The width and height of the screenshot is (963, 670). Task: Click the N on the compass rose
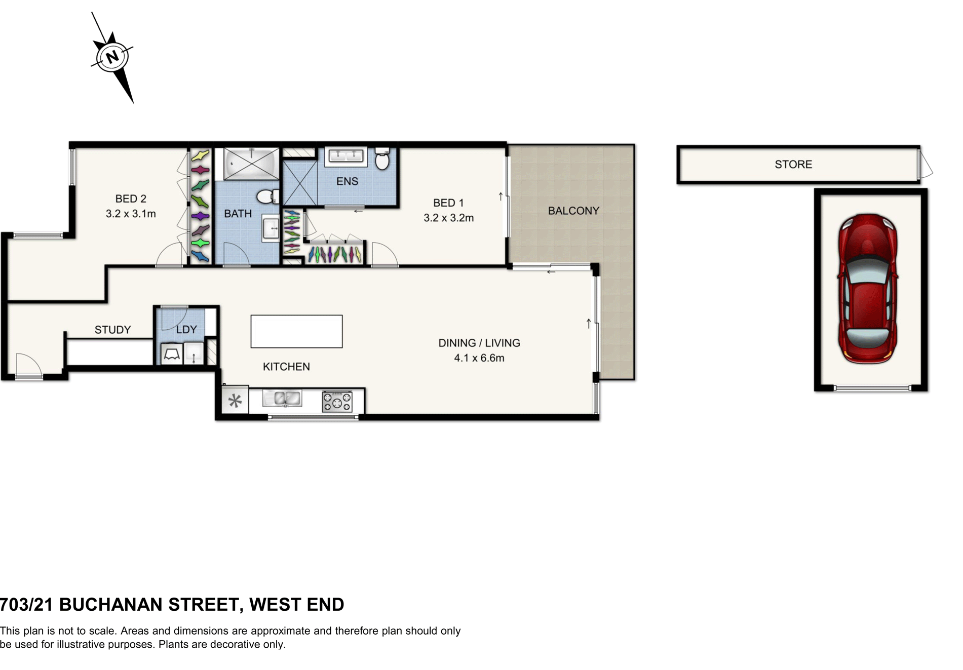click(x=112, y=56)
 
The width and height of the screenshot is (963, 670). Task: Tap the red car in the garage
click(x=867, y=288)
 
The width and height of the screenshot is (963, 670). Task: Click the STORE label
click(x=793, y=164)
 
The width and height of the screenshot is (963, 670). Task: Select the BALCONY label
click(x=573, y=211)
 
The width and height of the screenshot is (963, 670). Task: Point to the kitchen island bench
click(x=296, y=331)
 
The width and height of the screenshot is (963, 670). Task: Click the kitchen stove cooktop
click(x=337, y=401)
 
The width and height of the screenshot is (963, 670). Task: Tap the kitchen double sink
click(x=282, y=398)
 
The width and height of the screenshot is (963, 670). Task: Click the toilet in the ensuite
click(x=382, y=159)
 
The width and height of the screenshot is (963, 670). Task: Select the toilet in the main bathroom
click(x=267, y=196)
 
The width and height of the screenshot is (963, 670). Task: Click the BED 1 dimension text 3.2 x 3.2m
click(x=449, y=218)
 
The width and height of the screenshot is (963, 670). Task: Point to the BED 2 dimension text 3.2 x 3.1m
click(x=131, y=214)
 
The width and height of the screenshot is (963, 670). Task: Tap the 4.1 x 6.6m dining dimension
click(x=479, y=358)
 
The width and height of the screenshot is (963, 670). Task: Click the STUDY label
click(x=112, y=330)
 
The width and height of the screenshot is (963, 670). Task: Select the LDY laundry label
click(x=186, y=329)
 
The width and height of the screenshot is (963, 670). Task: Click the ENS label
click(x=347, y=181)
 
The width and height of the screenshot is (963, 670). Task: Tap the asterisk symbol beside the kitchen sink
click(x=235, y=402)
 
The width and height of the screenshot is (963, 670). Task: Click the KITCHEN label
click(x=286, y=367)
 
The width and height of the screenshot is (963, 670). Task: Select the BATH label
click(x=238, y=214)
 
